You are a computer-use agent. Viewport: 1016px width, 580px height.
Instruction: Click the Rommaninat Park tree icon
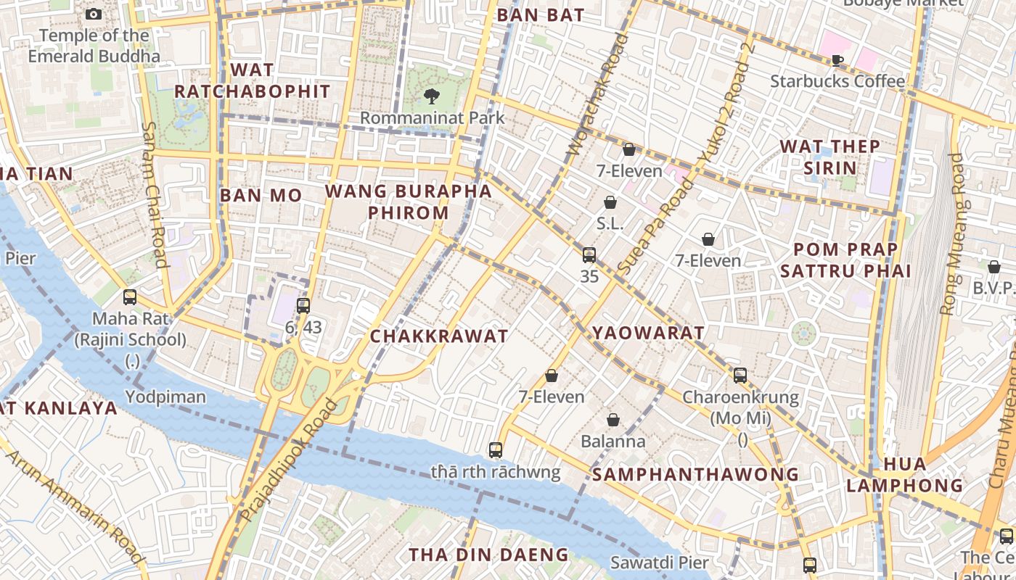point(432,96)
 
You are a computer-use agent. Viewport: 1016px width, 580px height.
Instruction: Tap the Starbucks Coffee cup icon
point(837,60)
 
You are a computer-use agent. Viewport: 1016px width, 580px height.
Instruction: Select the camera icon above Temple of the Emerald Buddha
point(94,14)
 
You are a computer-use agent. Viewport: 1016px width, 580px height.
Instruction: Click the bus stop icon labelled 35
point(589,255)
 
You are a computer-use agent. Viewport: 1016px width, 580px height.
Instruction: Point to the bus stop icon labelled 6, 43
point(303,306)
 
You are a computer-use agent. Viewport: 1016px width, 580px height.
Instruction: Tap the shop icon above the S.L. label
point(610,202)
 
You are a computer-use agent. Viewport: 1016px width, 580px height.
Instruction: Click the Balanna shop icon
point(613,420)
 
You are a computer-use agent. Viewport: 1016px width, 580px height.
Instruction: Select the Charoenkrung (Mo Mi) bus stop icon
point(740,376)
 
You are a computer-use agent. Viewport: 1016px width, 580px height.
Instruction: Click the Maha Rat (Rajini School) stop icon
point(130,297)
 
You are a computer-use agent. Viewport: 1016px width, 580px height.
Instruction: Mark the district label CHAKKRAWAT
point(439,336)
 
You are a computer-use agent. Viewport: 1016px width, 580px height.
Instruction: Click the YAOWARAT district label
point(648,333)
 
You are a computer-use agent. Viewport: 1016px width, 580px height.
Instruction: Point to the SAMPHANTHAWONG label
point(695,475)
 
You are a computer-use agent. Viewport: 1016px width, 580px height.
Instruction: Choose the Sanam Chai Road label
point(155,194)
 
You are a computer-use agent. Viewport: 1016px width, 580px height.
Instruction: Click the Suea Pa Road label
point(654,226)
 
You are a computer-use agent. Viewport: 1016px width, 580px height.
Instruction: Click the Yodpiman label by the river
point(165,397)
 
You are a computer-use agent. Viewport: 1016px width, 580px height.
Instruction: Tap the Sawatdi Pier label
point(659,563)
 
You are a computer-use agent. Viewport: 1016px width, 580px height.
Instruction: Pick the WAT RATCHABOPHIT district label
point(252,80)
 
